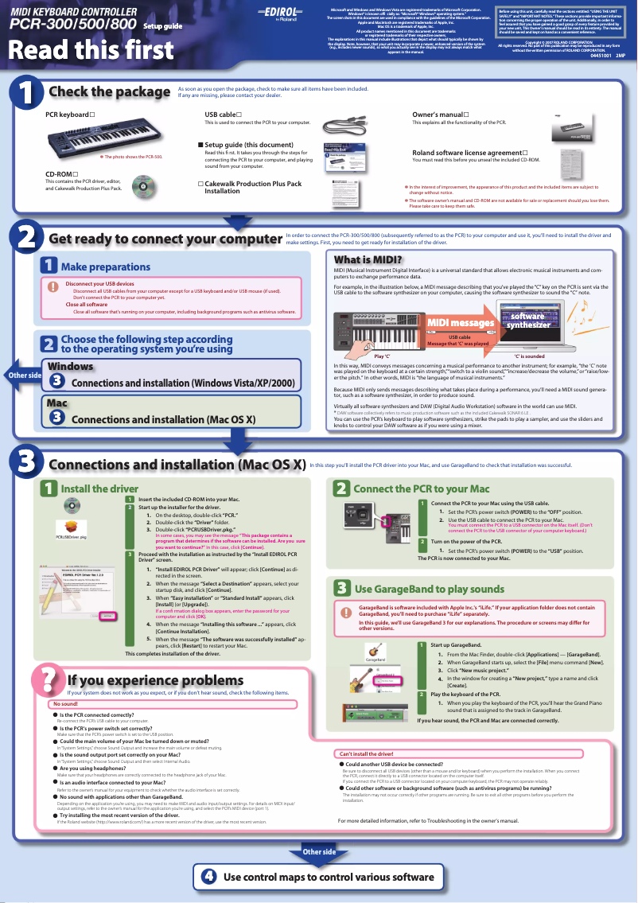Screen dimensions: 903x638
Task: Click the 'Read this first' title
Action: pyautogui.click(x=91, y=50)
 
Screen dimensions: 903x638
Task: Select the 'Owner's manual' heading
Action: pyautogui.click(x=440, y=115)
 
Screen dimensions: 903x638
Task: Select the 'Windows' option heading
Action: pyautogui.click(x=71, y=366)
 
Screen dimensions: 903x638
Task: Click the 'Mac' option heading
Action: pyautogui.click(x=56, y=403)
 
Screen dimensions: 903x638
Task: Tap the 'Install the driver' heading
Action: pyautogui.click(x=99, y=488)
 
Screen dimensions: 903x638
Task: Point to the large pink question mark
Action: pyautogui.click(x=47, y=681)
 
